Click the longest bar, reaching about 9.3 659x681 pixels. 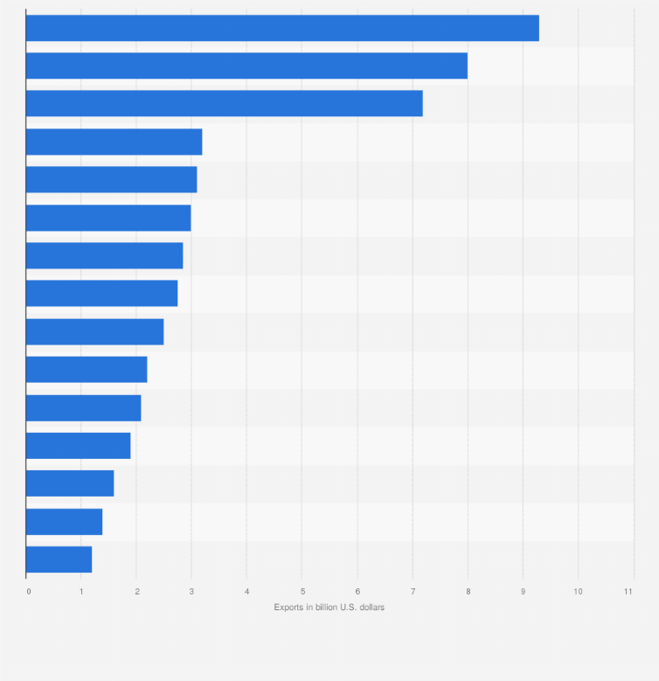(x=282, y=28)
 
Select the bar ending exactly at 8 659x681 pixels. (x=246, y=66)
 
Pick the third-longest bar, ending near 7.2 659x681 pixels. (x=225, y=103)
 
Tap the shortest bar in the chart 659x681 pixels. (x=59, y=559)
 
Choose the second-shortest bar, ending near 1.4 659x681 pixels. (x=64, y=521)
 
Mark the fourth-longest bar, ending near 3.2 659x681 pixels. (x=114, y=142)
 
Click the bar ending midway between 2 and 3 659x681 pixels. (x=94, y=331)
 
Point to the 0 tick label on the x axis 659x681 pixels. (x=29, y=592)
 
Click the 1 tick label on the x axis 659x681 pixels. (x=81, y=592)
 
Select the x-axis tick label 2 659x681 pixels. (x=136, y=592)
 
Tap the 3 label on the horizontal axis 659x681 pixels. (x=191, y=592)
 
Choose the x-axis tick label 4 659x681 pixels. (x=246, y=592)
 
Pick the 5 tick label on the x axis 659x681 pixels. (x=302, y=592)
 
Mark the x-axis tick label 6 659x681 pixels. (x=357, y=592)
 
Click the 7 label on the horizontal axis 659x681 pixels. (x=413, y=592)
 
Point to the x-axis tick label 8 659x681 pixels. (x=468, y=592)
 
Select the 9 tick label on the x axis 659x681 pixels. (x=523, y=592)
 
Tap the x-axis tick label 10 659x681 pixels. (x=578, y=592)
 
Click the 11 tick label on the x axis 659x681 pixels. (x=628, y=592)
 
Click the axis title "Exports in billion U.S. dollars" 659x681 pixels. (x=329, y=607)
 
